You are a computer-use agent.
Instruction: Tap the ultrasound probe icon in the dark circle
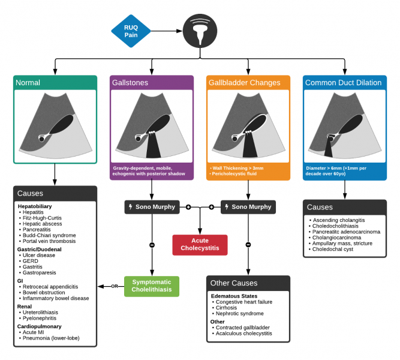(x=200, y=31)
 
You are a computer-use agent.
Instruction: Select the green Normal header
(x=55, y=83)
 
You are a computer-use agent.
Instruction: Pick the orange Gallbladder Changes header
(x=248, y=83)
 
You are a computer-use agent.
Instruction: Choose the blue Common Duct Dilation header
(x=344, y=83)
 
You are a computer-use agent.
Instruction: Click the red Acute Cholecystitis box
(x=200, y=244)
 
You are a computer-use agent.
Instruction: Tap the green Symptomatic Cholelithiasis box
(x=152, y=286)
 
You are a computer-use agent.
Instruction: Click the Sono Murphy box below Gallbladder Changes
(x=248, y=207)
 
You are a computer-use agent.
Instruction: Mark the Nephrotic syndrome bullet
(x=239, y=314)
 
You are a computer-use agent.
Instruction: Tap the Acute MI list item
(x=37, y=331)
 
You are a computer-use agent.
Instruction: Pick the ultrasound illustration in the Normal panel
(x=55, y=127)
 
